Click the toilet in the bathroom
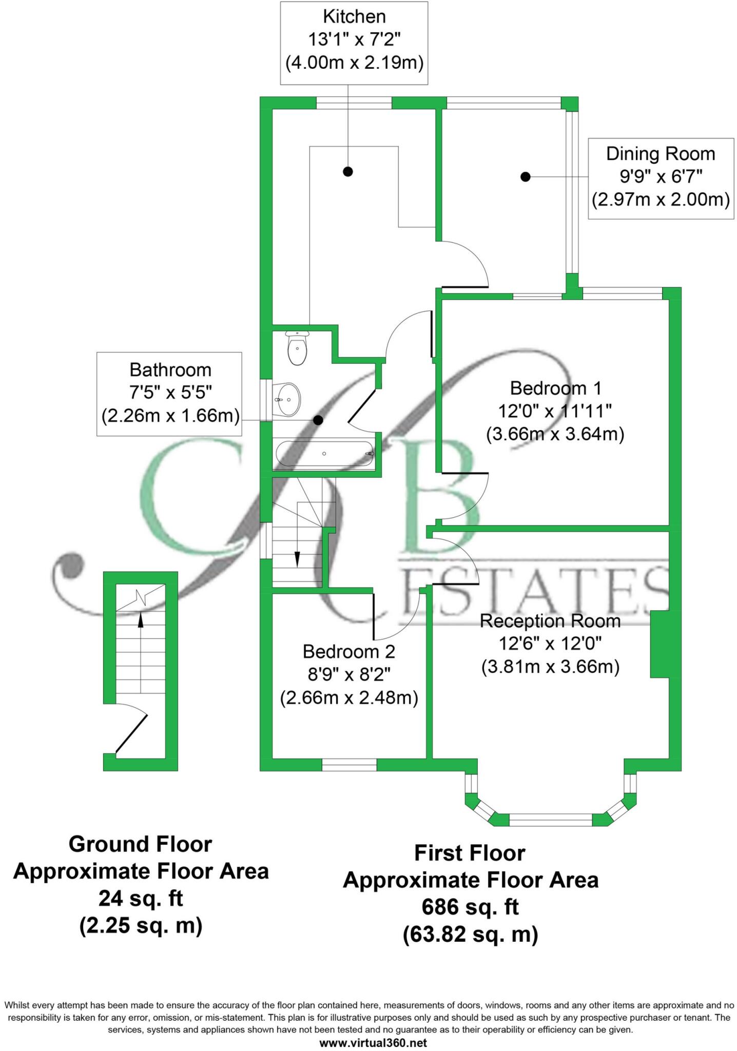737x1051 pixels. (x=297, y=348)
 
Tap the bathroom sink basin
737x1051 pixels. (x=287, y=399)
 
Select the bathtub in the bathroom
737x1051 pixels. (x=324, y=454)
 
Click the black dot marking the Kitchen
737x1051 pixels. (x=348, y=171)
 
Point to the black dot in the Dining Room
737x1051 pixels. (x=525, y=177)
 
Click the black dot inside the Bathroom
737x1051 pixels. (x=318, y=420)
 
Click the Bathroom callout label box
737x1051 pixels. (x=170, y=393)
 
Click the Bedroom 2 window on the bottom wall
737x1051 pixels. (x=349, y=765)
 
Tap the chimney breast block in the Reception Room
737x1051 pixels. (x=660, y=644)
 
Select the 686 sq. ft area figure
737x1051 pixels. (x=470, y=907)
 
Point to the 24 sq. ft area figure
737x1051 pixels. (x=141, y=898)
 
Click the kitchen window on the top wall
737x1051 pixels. (x=354, y=103)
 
